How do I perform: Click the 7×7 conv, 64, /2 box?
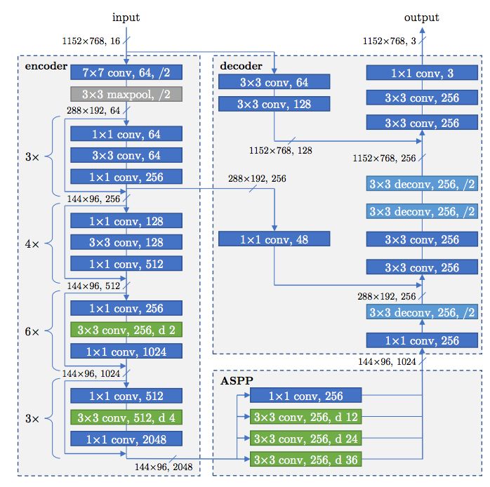[x=126, y=72]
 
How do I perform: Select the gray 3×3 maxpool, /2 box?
[x=126, y=94]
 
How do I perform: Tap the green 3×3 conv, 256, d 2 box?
[x=126, y=330]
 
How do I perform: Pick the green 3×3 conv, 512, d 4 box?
[x=126, y=418]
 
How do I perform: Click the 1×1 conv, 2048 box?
[x=126, y=439]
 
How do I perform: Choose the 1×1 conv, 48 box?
[x=274, y=239]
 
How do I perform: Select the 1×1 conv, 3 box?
[x=422, y=73]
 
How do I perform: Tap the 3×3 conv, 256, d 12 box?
[x=305, y=417]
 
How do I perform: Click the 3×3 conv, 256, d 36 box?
[x=305, y=459]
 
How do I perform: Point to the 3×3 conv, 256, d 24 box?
[x=305, y=439]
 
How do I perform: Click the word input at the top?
[x=126, y=18]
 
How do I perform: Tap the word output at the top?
[x=422, y=18]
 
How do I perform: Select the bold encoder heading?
[x=46, y=66]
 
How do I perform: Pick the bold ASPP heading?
[x=237, y=381]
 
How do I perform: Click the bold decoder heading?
[x=241, y=65]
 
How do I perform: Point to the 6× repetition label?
[x=32, y=331]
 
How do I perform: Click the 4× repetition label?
[x=32, y=244]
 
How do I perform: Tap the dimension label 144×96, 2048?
[x=164, y=467]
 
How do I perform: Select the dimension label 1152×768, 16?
[x=91, y=41]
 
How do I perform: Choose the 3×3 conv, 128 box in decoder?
[x=274, y=104]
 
